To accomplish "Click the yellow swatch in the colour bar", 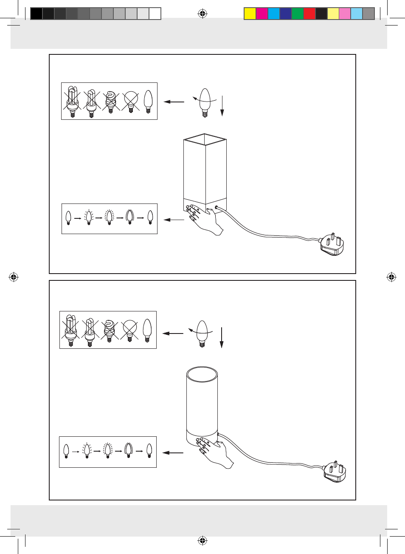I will [x=250, y=14].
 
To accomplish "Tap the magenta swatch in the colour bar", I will [x=262, y=14].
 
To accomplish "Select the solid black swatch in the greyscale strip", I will [x=37, y=14].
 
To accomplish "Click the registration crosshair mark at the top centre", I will [x=202, y=14].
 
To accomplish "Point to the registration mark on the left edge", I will [x=14, y=277].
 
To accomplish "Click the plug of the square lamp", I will [x=332, y=244].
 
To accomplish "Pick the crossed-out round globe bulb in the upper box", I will [x=131, y=101].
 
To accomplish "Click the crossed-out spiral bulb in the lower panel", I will [x=110, y=330].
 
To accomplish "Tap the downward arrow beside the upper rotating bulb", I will [x=222, y=106].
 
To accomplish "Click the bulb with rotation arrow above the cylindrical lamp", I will [x=202, y=333].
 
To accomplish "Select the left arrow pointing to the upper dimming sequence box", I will [x=174, y=220].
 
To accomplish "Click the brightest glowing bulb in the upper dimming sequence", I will [x=130, y=217].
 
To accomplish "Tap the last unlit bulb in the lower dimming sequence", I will [x=149, y=451].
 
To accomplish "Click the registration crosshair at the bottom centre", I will [x=202, y=541].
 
